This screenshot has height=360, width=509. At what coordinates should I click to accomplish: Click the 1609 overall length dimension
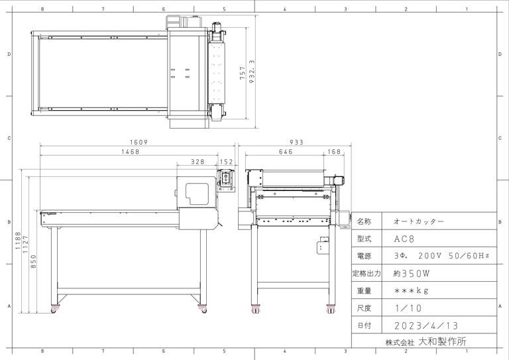(x=139, y=142)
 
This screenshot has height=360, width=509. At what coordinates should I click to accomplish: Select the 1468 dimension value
(x=130, y=152)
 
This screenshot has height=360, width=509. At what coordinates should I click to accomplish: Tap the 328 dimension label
(x=198, y=162)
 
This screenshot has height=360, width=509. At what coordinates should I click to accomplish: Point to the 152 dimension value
(x=226, y=162)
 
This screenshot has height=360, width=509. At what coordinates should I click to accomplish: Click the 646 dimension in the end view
(x=286, y=152)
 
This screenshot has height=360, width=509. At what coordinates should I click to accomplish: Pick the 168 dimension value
(x=334, y=152)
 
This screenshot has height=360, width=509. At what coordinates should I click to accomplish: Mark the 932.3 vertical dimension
(x=252, y=72)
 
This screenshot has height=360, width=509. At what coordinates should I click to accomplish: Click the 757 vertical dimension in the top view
(x=243, y=73)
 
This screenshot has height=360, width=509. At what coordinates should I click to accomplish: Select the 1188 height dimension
(x=18, y=241)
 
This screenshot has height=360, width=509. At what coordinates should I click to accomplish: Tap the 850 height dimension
(x=33, y=262)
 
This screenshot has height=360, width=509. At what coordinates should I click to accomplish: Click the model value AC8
(x=404, y=239)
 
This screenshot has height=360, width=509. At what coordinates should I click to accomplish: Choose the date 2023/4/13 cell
(x=426, y=326)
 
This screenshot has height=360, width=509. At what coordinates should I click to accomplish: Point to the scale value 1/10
(x=408, y=308)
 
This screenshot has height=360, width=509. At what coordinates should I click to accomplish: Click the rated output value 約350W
(x=412, y=273)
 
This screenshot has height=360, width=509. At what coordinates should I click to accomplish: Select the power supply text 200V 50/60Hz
(x=454, y=256)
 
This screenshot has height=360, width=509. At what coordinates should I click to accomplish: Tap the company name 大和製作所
(x=442, y=341)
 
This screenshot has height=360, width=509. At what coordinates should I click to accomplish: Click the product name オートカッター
(x=419, y=221)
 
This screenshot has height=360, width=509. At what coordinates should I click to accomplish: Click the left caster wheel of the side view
(x=54, y=310)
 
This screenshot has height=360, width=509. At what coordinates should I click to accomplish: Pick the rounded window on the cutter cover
(x=197, y=194)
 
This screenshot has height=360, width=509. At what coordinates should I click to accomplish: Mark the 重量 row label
(x=364, y=290)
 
